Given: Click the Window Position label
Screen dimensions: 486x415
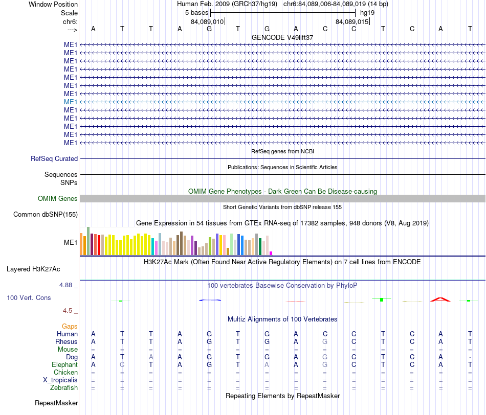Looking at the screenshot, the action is (53, 4).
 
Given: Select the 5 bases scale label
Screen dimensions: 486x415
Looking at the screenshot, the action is (196, 13).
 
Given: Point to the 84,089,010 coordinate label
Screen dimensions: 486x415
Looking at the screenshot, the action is (207, 21).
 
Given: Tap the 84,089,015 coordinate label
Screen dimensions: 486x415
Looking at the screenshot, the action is (352, 21).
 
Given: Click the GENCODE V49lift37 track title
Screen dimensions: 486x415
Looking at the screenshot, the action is (282, 37).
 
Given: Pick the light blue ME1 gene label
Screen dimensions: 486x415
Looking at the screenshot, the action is (71, 102).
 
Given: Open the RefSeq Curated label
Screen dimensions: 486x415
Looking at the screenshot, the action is (54, 158).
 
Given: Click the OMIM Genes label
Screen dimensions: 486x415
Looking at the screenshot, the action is (58, 198).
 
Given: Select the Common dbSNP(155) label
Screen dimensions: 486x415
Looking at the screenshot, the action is (46, 214).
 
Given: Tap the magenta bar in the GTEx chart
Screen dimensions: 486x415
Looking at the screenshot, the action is (271, 253).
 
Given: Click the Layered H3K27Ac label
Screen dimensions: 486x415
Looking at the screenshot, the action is (33, 269).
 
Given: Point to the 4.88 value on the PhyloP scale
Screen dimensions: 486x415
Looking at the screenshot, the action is (65, 285).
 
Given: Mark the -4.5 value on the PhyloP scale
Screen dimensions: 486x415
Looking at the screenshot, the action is (67, 311).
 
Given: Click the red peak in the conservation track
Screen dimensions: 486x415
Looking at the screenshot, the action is (440, 299).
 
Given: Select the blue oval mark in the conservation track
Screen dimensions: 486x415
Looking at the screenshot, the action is (210, 300).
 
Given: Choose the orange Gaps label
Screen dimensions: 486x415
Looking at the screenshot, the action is (70, 326).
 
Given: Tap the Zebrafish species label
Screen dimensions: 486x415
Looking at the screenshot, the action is (64, 387).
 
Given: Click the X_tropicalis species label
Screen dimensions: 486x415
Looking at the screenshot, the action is (60, 380).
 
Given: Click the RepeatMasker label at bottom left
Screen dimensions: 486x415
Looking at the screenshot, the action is (56, 403).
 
